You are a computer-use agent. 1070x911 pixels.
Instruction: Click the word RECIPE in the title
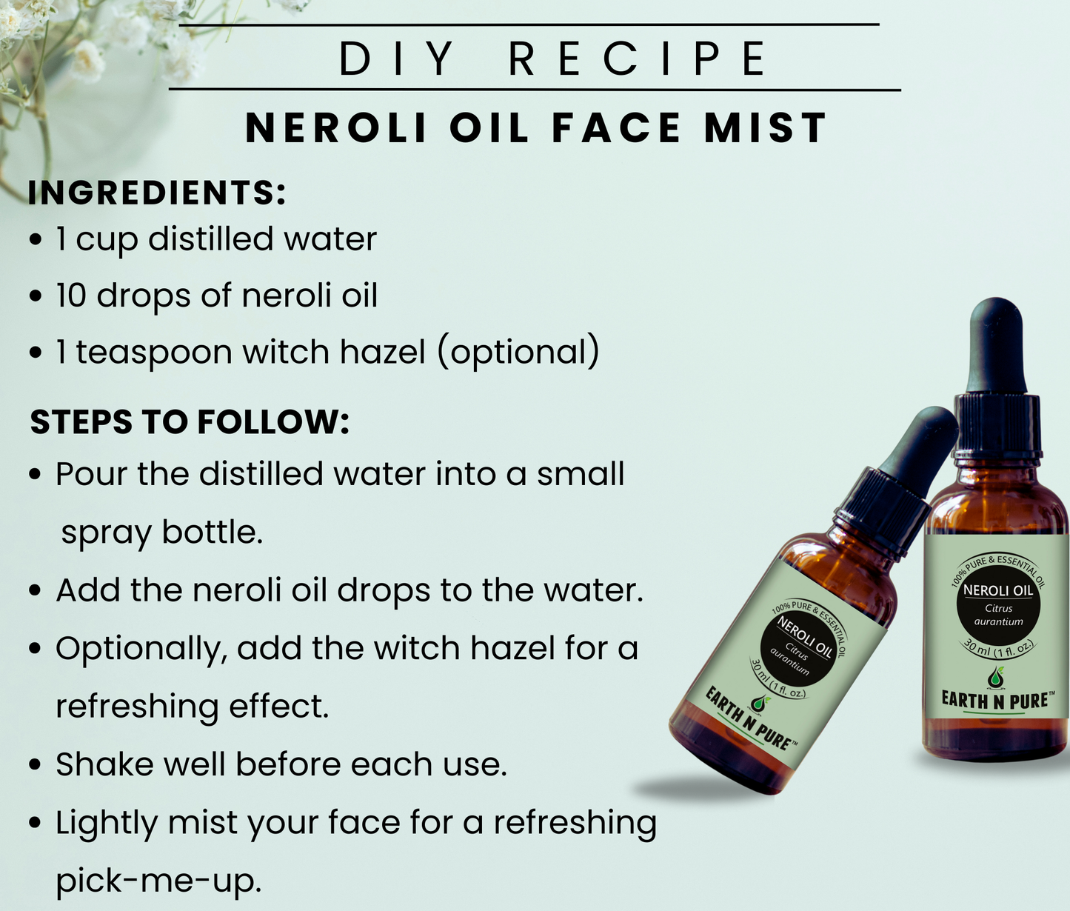click(638, 59)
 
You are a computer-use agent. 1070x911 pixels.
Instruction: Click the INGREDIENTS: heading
click(156, 193)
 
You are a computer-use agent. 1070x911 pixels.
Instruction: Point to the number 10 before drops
click(71, 296)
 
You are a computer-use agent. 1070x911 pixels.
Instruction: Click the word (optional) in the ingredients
click(518, 353)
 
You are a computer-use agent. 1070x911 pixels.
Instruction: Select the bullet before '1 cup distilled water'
click(36, 240)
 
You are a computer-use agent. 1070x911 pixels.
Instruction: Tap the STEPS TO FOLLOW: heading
click(190, 421)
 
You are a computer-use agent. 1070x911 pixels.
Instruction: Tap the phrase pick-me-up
click(158, 881)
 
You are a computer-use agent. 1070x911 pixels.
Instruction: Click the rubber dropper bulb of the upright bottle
click(997, 345)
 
